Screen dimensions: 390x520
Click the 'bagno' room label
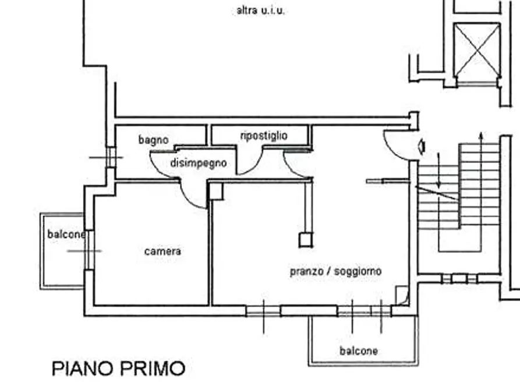click(x=153, y=140)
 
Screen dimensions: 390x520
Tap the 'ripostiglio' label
click(x=263, y=136)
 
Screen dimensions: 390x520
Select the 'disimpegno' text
click(x=198, y=164)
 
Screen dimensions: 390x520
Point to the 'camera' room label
click(x=162, y=251)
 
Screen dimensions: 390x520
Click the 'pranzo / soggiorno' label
click(x=335, y=271)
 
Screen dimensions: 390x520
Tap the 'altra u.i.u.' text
click(x=261, y=10)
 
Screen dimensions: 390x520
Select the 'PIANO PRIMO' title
click(x=119, y=368)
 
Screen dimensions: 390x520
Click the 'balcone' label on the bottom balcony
click(x=358, y=351)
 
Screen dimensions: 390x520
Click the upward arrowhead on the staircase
click(x=480, y=136)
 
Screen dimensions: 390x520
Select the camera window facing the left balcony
click(x=89, y=251)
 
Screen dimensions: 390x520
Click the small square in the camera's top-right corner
click(x=216, y=192)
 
